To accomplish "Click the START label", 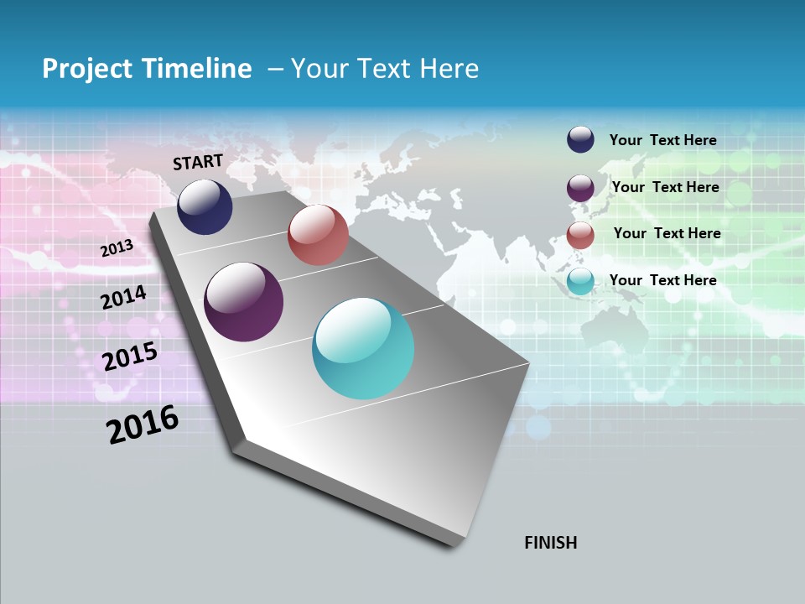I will (198, 162).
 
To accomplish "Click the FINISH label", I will (551, 543).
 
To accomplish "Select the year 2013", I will (117, 248).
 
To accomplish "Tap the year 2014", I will (123, 297).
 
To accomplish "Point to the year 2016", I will (143, 424).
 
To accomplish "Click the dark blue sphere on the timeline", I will (205, 206).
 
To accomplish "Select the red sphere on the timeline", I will (318, 235).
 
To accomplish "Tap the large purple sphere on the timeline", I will (243, 302).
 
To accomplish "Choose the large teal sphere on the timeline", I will (363, 348).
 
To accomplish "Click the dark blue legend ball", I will (580, 140).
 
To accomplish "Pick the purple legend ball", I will (580, 188).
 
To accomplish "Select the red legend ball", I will (580, 235).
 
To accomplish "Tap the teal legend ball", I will (580, 282).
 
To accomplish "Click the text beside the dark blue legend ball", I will (662, 141).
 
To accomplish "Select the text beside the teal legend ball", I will (662, 280).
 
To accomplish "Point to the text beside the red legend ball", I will (667, 233).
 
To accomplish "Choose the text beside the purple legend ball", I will (665, 187).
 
